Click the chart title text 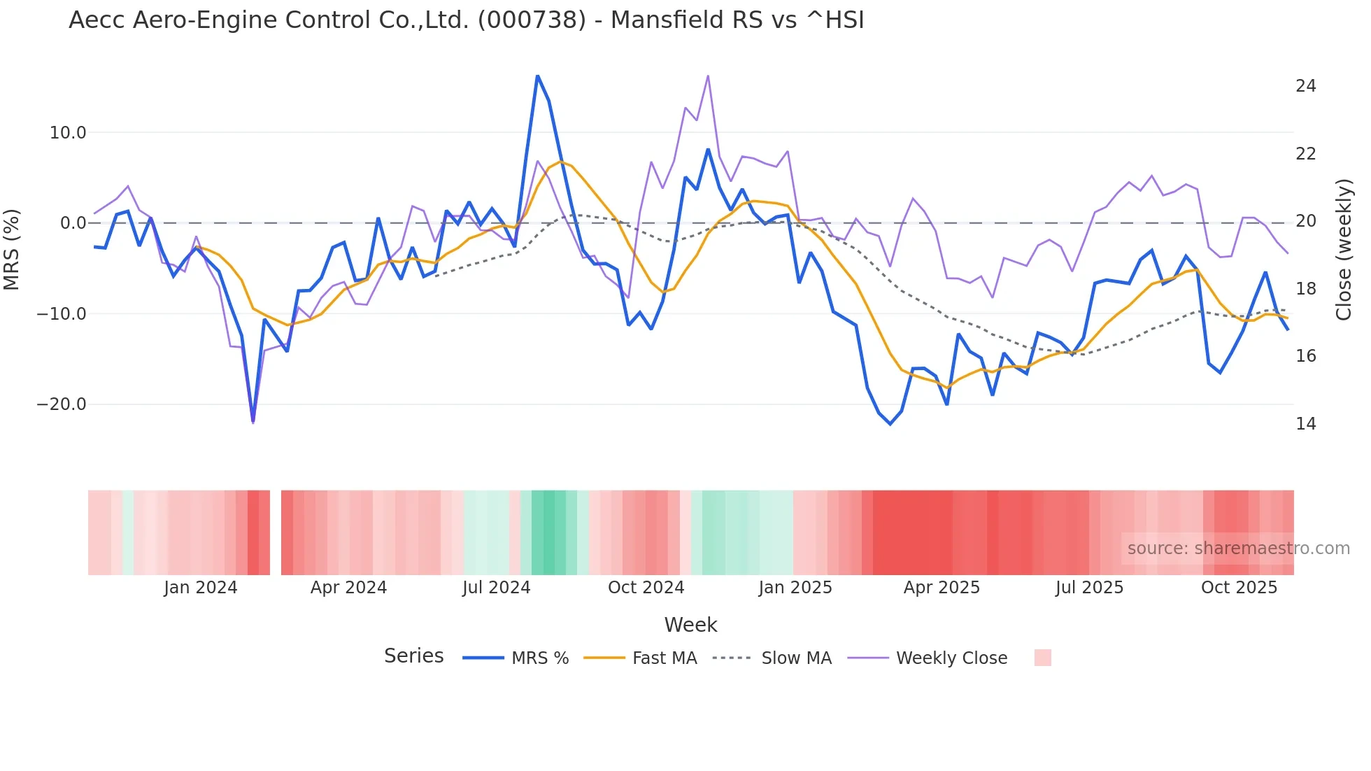pos(466,20)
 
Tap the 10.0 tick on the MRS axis pos(68,133)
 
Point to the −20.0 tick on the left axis pos(62,404)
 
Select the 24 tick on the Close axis pos(1305,86)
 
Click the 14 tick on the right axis pos(1305,424)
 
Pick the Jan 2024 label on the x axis pos(201,588)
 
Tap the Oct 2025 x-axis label pos(1239,588)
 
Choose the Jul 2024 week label pos(496,588)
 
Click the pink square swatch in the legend pos(1042,658)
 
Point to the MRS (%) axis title pos(12,249)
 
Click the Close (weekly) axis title pos(1343,249)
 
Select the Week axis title pos(690,625)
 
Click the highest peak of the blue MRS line pos(537,76)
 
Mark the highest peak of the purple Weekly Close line pos(708,76)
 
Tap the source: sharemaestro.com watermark pos(1238,549)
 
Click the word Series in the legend pos(413,656)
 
